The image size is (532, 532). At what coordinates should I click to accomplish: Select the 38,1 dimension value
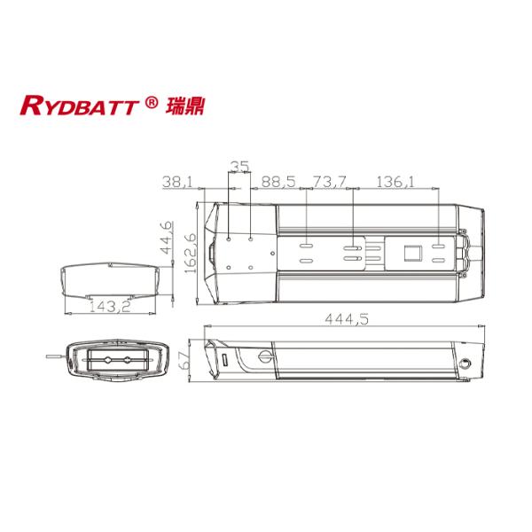coord(176,182)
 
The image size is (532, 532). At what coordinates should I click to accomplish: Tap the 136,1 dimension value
coord(397,182)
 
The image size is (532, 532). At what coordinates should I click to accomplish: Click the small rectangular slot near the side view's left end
coord(223,362)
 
